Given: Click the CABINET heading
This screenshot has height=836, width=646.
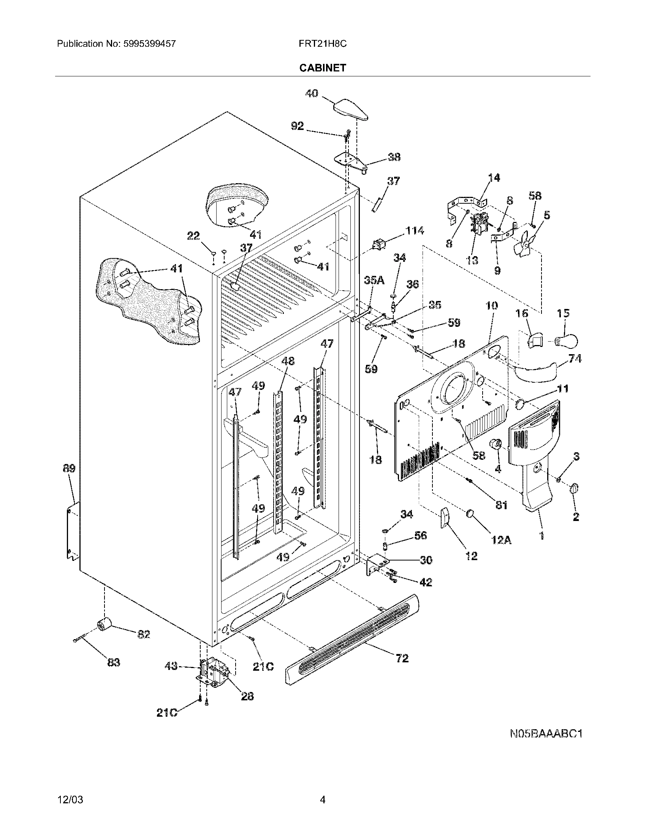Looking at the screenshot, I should pyautogui.click(x=322, y=68).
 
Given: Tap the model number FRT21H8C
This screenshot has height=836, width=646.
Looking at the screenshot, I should pyautogui.click(x=323, y=44).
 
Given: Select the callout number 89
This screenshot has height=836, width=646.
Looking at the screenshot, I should pyautogui.click(x=69, y=468).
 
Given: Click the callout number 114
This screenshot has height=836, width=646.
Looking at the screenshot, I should pyautogui.click(x=415, y=231).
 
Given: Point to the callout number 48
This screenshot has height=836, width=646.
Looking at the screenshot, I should pyautogui.click(x=288, y=361).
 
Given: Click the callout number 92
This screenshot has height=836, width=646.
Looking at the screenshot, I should pyautogui.click(x=298, y=126).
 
